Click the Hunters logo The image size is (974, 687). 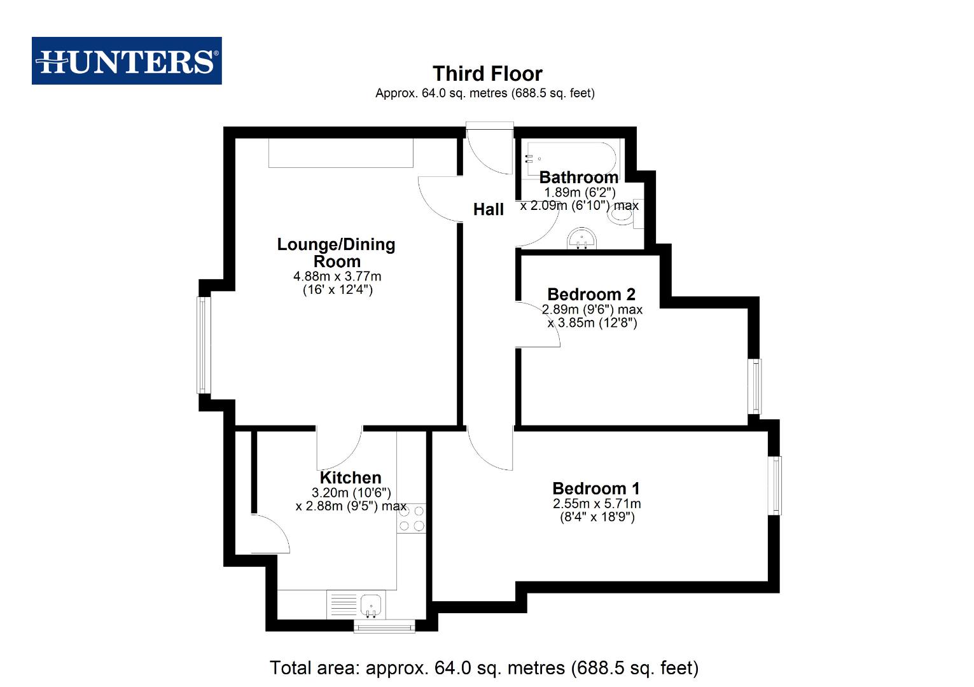(x=127, y=61)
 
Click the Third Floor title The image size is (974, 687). (x=487, y=74)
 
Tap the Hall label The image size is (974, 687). (x=488, y=209)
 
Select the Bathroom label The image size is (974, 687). (x=578, y=177)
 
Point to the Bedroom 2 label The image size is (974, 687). (x=591, y=295)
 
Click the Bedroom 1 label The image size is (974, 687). (x=596, y=489)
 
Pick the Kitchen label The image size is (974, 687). (x=351, y=478)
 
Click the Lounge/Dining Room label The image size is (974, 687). (x=337, y=253)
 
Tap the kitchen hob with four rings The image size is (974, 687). (x=412, y=518)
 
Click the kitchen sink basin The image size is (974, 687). (x=370, y=603)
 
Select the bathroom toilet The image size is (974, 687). (x=622, y=214)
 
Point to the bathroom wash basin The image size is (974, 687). (x=581, y=239)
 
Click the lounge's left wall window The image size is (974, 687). (x=203, y=345)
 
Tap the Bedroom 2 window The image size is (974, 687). (x=755, y=386)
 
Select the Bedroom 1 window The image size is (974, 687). (x=775, y=485)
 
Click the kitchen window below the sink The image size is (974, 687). (x=384, y=627)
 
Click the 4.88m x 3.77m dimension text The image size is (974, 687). (x=337, y=276)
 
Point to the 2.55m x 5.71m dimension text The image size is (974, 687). (x=597, y=504)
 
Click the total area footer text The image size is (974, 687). (x=484, y=668)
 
